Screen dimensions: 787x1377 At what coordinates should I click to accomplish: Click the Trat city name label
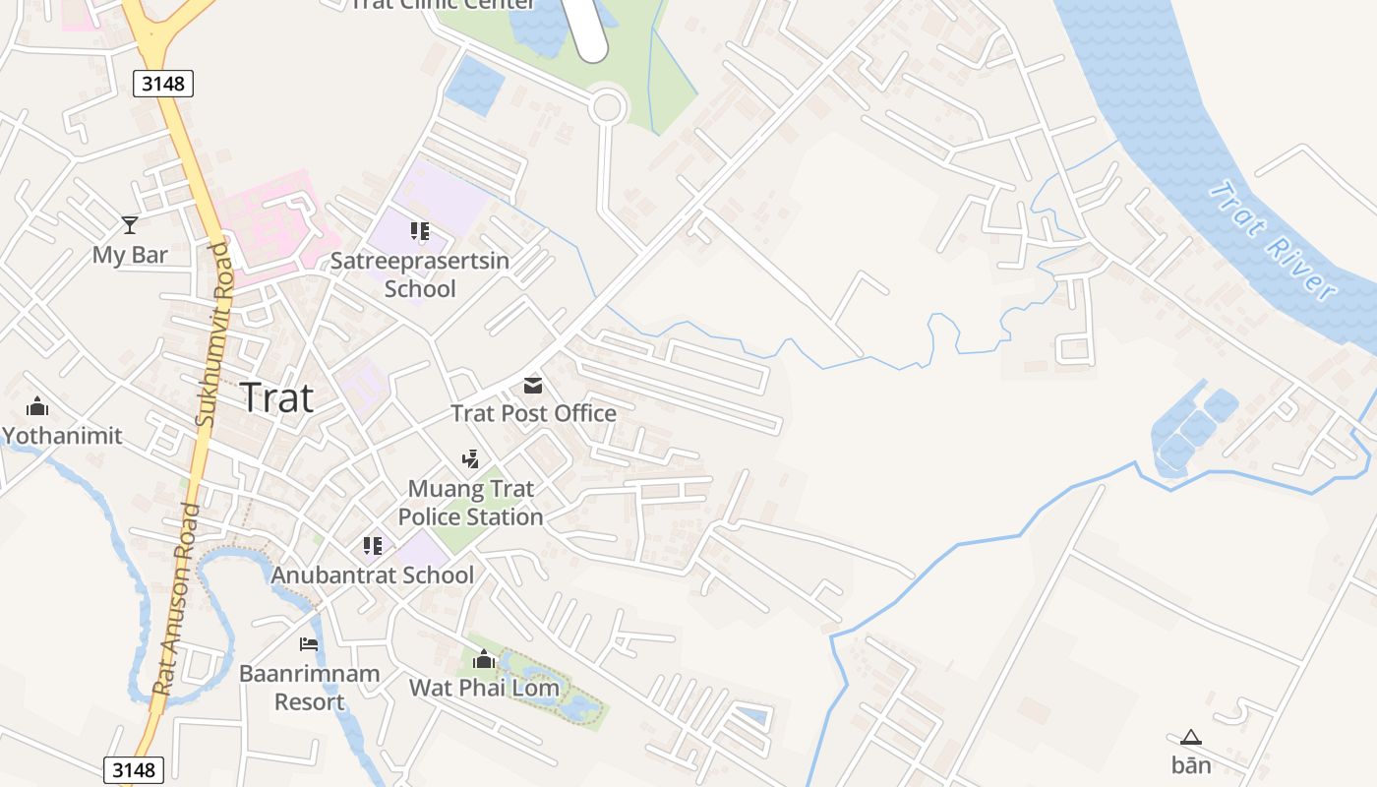click(276, 397)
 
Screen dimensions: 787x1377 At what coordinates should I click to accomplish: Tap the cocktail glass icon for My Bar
click(129, 225)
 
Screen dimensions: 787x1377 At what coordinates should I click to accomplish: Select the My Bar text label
click(130, 255)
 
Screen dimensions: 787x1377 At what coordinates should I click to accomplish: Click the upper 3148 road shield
click(163, 84)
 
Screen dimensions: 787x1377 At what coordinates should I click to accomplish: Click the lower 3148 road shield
click(134, 769)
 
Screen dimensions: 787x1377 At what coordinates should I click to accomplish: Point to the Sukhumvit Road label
click(216, 334)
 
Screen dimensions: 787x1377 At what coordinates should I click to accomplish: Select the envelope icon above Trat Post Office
click(532, 385)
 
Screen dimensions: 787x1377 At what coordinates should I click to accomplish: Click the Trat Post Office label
click(533, 413)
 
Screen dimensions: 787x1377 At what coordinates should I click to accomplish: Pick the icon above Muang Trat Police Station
click(471, 458)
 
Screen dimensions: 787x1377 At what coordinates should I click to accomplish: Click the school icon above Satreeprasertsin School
click(420, 232)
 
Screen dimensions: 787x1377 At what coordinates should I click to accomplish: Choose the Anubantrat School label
click(373, 575)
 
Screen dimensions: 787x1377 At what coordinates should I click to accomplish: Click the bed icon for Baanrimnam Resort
click(309, 644)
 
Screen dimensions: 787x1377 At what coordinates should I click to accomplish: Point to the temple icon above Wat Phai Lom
click(484, 659)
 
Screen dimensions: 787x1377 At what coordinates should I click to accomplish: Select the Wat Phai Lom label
click(484, 687)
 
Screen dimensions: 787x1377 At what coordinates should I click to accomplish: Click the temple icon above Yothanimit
click(38, 406)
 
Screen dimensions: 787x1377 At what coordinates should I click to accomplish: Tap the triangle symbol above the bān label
click(1191, 737)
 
